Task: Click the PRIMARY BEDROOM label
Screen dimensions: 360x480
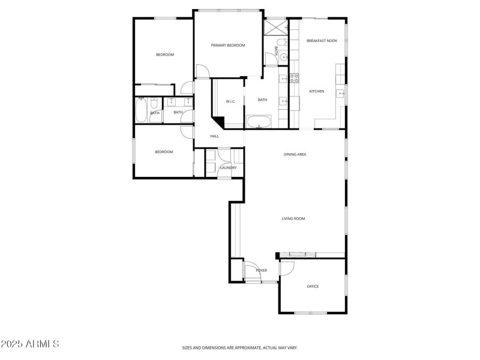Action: coord(228,46)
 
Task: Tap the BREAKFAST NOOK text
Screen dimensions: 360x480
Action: coord(322,41)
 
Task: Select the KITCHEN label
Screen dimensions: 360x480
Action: coord(317,91)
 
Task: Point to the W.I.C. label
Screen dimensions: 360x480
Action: coord(230,101)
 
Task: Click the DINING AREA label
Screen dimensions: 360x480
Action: coord(295,154)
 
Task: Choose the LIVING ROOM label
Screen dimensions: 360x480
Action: coord(293,218)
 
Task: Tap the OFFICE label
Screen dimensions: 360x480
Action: coord(313,286)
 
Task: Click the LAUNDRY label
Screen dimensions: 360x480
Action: coord(228,167)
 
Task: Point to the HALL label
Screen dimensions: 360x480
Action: coord(214,136)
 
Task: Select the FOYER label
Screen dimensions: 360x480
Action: coord(262,271)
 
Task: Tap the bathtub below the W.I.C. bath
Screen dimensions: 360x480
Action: coord(259,122)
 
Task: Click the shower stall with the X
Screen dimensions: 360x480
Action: coord(276,27)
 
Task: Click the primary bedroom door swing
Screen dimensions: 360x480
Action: coord(203,70)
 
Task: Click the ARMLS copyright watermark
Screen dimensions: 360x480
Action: coord(30,344)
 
